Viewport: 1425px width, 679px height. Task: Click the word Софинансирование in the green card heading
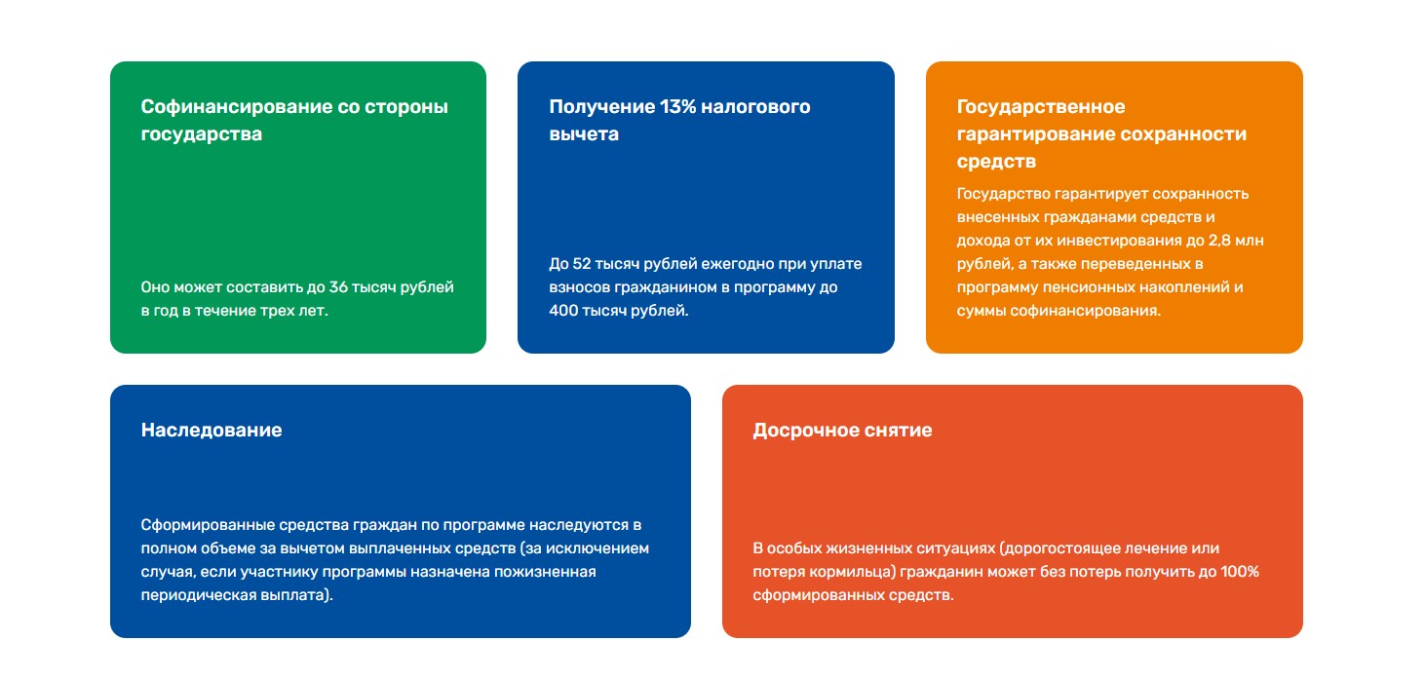[x=236, y=107]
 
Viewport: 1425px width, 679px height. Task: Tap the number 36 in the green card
[x=338, y=287]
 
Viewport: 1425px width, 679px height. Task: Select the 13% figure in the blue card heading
[x=678, y=106]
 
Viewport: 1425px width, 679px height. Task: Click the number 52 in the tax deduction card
[x=582, y=264]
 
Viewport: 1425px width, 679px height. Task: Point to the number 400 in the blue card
[x=563, y=311]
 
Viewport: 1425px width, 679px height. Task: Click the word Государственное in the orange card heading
[x=1041, y=107]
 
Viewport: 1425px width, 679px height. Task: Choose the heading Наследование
[x=212, y=430]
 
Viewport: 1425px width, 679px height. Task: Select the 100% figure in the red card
[x=1239, y=572]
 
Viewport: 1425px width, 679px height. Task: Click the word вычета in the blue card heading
[x=584, y=134]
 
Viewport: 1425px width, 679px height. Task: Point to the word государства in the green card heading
[x=201, y=134]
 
